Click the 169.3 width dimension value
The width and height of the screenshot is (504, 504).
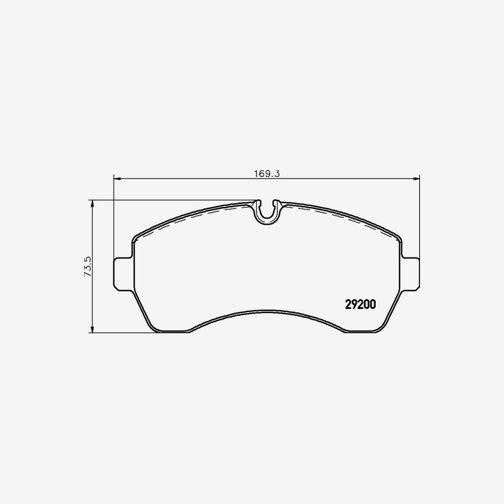click(267, 174)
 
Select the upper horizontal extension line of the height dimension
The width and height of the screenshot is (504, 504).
click(168, 200)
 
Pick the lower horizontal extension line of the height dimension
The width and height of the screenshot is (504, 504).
click(123, 333)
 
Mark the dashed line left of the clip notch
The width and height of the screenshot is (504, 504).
click(213, 212)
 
